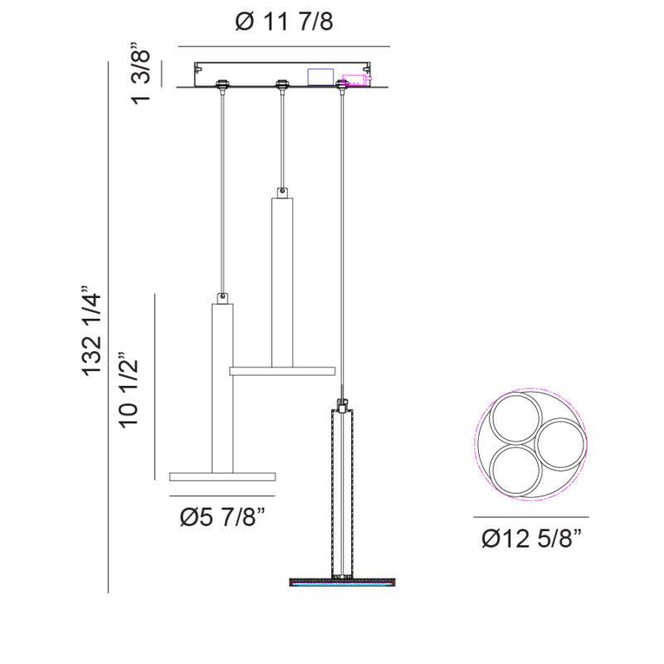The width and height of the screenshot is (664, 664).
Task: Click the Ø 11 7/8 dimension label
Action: (284, 22)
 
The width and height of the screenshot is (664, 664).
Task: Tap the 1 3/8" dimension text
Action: (140, 74)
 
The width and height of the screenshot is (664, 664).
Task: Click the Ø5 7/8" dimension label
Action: (222, 517)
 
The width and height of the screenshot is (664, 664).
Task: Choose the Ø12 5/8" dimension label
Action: (532, 539)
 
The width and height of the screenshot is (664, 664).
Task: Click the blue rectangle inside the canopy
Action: (320, 76)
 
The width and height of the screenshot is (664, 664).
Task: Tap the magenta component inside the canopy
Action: (357, 80)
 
